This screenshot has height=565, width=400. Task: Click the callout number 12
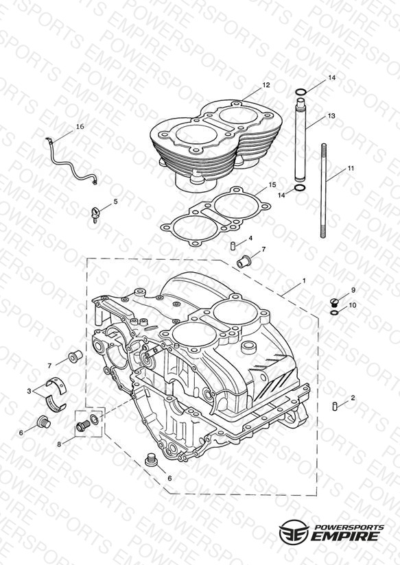(x=266, y=85)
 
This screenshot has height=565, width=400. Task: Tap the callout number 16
(x=80, y=126)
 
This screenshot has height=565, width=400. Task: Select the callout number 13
(x=331, y=116)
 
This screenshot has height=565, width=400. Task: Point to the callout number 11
(x=351, y=168)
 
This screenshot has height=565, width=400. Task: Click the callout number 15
(x=272, y=184)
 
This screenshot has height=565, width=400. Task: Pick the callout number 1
(x=304, y=280)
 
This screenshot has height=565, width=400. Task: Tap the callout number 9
(x=353, y=290)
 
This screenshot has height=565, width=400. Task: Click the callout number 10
(x=353, y=305)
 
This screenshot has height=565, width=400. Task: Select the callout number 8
(x=59, y=444)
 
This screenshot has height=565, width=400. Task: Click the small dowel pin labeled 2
(x=334, y=406)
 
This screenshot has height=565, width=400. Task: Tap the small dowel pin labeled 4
(x=233, y=246)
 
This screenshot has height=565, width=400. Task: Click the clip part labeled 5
(x=95, y=214)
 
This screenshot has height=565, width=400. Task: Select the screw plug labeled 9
(x=334, y=302)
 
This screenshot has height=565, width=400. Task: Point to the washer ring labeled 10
(x=334, y=312)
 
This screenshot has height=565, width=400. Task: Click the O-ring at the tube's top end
(x=301, y=92)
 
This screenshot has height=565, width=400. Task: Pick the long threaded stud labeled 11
(x=324, y=191)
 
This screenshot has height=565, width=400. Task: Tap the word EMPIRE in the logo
(x=346, y=536)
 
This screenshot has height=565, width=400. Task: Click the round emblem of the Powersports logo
(x=294, y=531)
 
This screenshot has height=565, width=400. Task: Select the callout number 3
(x=29, y=391)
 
